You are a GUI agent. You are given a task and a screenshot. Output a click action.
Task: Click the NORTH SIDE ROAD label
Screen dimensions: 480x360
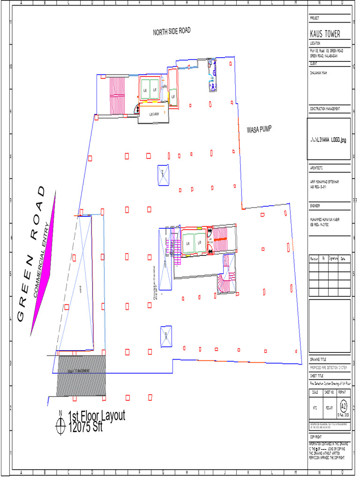[x=172, y=31]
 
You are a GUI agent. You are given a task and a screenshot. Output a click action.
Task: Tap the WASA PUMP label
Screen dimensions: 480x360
[x=259, y=129]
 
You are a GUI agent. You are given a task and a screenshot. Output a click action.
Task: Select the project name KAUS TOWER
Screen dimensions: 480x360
[x=325, y=34]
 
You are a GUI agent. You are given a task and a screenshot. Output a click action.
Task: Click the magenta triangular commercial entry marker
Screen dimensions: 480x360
[x=44, y=262]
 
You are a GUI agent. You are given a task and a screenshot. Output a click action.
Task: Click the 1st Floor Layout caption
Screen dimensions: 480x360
[x=97, y=416]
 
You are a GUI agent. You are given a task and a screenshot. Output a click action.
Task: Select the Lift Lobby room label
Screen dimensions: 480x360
[x=154, y=114]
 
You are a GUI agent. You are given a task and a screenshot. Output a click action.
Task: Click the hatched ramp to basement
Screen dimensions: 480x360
[x=81, y=375]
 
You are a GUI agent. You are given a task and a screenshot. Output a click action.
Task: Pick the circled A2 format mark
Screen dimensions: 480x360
[x=343, y=405]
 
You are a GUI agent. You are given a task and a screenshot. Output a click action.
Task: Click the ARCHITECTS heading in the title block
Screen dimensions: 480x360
[x=317, y=167]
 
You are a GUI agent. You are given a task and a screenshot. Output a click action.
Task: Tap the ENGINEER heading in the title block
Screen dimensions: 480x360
[x=315, y=205]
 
